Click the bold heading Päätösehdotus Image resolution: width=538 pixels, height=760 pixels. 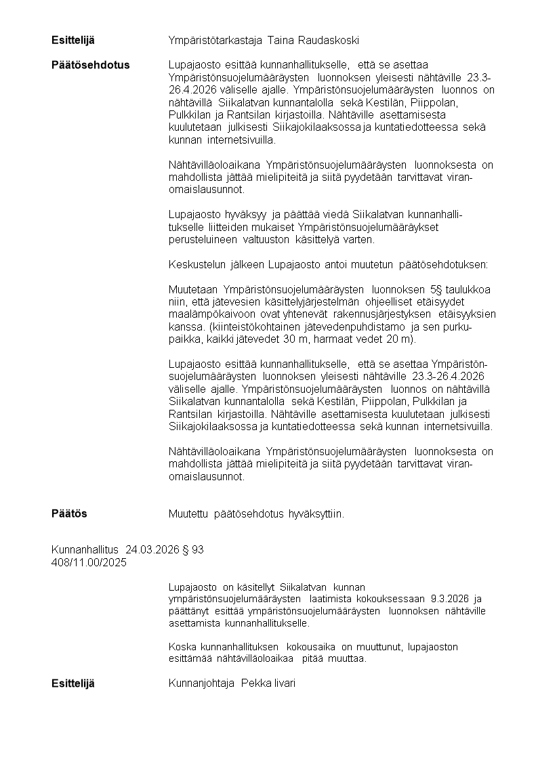click(90, 65)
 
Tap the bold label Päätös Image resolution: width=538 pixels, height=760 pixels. click(69, 514)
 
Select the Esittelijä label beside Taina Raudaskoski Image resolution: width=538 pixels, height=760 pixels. click(73, 41)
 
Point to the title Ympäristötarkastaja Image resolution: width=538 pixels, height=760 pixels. click(215, 41)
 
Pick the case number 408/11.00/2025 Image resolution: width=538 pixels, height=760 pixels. click(89, 562)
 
